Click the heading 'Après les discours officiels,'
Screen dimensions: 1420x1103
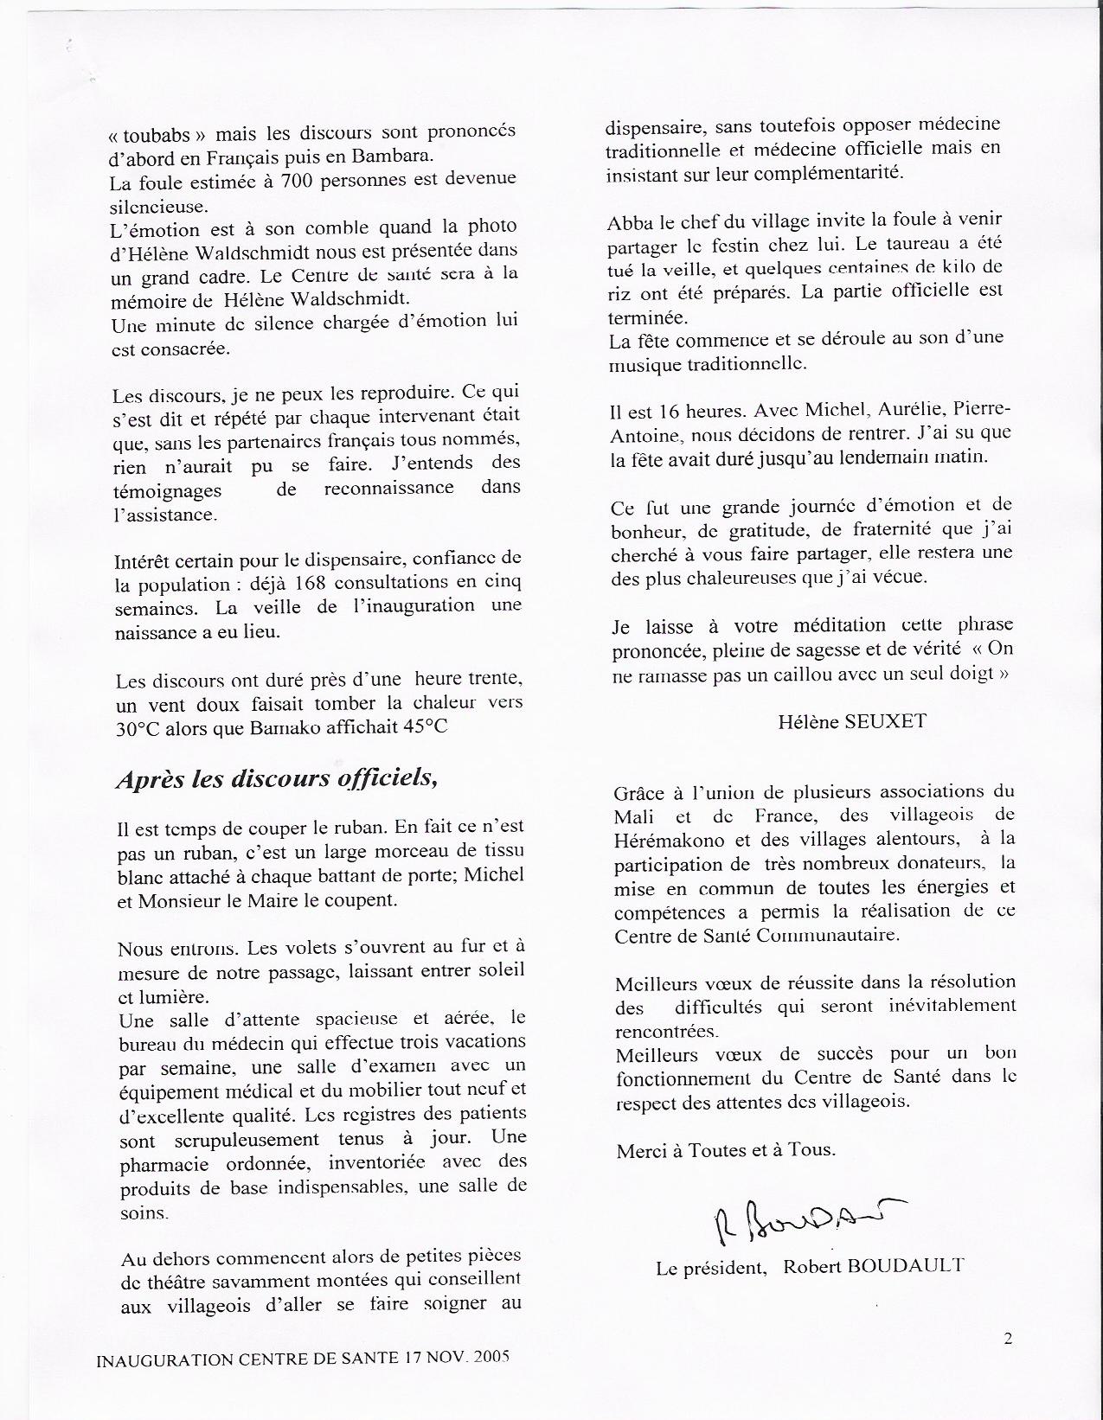tap(277, 778)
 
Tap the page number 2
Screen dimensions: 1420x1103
tap(1008, 1339)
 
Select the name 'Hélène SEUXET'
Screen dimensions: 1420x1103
tap(852, 720)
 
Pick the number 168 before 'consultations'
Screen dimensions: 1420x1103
tap(287, 581)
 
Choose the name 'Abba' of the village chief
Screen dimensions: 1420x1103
tap(628, 222)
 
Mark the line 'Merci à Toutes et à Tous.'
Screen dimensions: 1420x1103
tap(726, 1150)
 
